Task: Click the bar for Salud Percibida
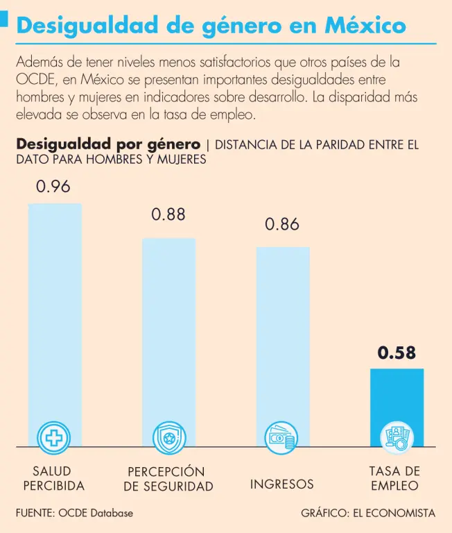point(54,312)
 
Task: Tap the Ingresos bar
point(283,333)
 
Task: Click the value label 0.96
point(53,187)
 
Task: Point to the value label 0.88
point(168,214)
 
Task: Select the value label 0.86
point(283,224)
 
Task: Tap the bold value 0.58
point(397,353)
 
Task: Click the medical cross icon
point(53,437)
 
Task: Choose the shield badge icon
point(168,437)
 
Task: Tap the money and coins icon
point(282,437)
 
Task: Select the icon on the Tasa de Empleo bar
point(396,437)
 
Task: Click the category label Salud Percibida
point(53,478)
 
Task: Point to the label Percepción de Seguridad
point(168,479)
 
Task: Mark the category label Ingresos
point(282,484)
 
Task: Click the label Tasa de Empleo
point(395,477)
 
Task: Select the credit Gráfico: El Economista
point(368,514)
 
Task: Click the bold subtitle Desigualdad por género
point(108,145)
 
